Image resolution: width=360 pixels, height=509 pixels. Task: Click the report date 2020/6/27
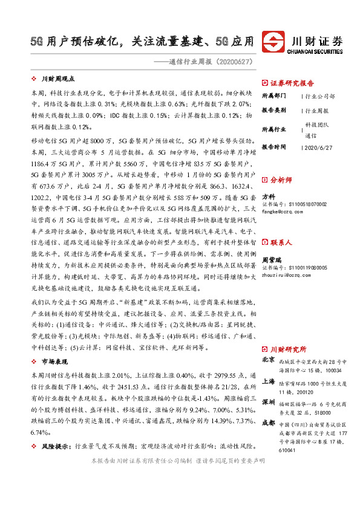pyautogui.click(x=317, y=147)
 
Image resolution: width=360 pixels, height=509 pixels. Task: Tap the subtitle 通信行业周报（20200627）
pyautogui.click(x=212, y=62)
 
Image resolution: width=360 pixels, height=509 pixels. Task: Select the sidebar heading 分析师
pyautogui.click(x=280, y=180)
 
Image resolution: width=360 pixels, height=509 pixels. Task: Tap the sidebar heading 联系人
pyautogui.click(x=280, y=225)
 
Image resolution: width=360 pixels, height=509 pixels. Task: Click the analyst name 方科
pyautogui.click(x=268, y=197)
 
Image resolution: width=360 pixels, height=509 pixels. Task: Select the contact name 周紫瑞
pyautogui.click(x=271, y=242)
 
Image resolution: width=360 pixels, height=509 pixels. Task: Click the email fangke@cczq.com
pyautogui.click(x=281, y=212)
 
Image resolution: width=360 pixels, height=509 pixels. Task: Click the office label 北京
pyautogui.click(x=268, y=360)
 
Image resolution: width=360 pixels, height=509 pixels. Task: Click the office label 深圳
pyautogui.click(x=268, y=403)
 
